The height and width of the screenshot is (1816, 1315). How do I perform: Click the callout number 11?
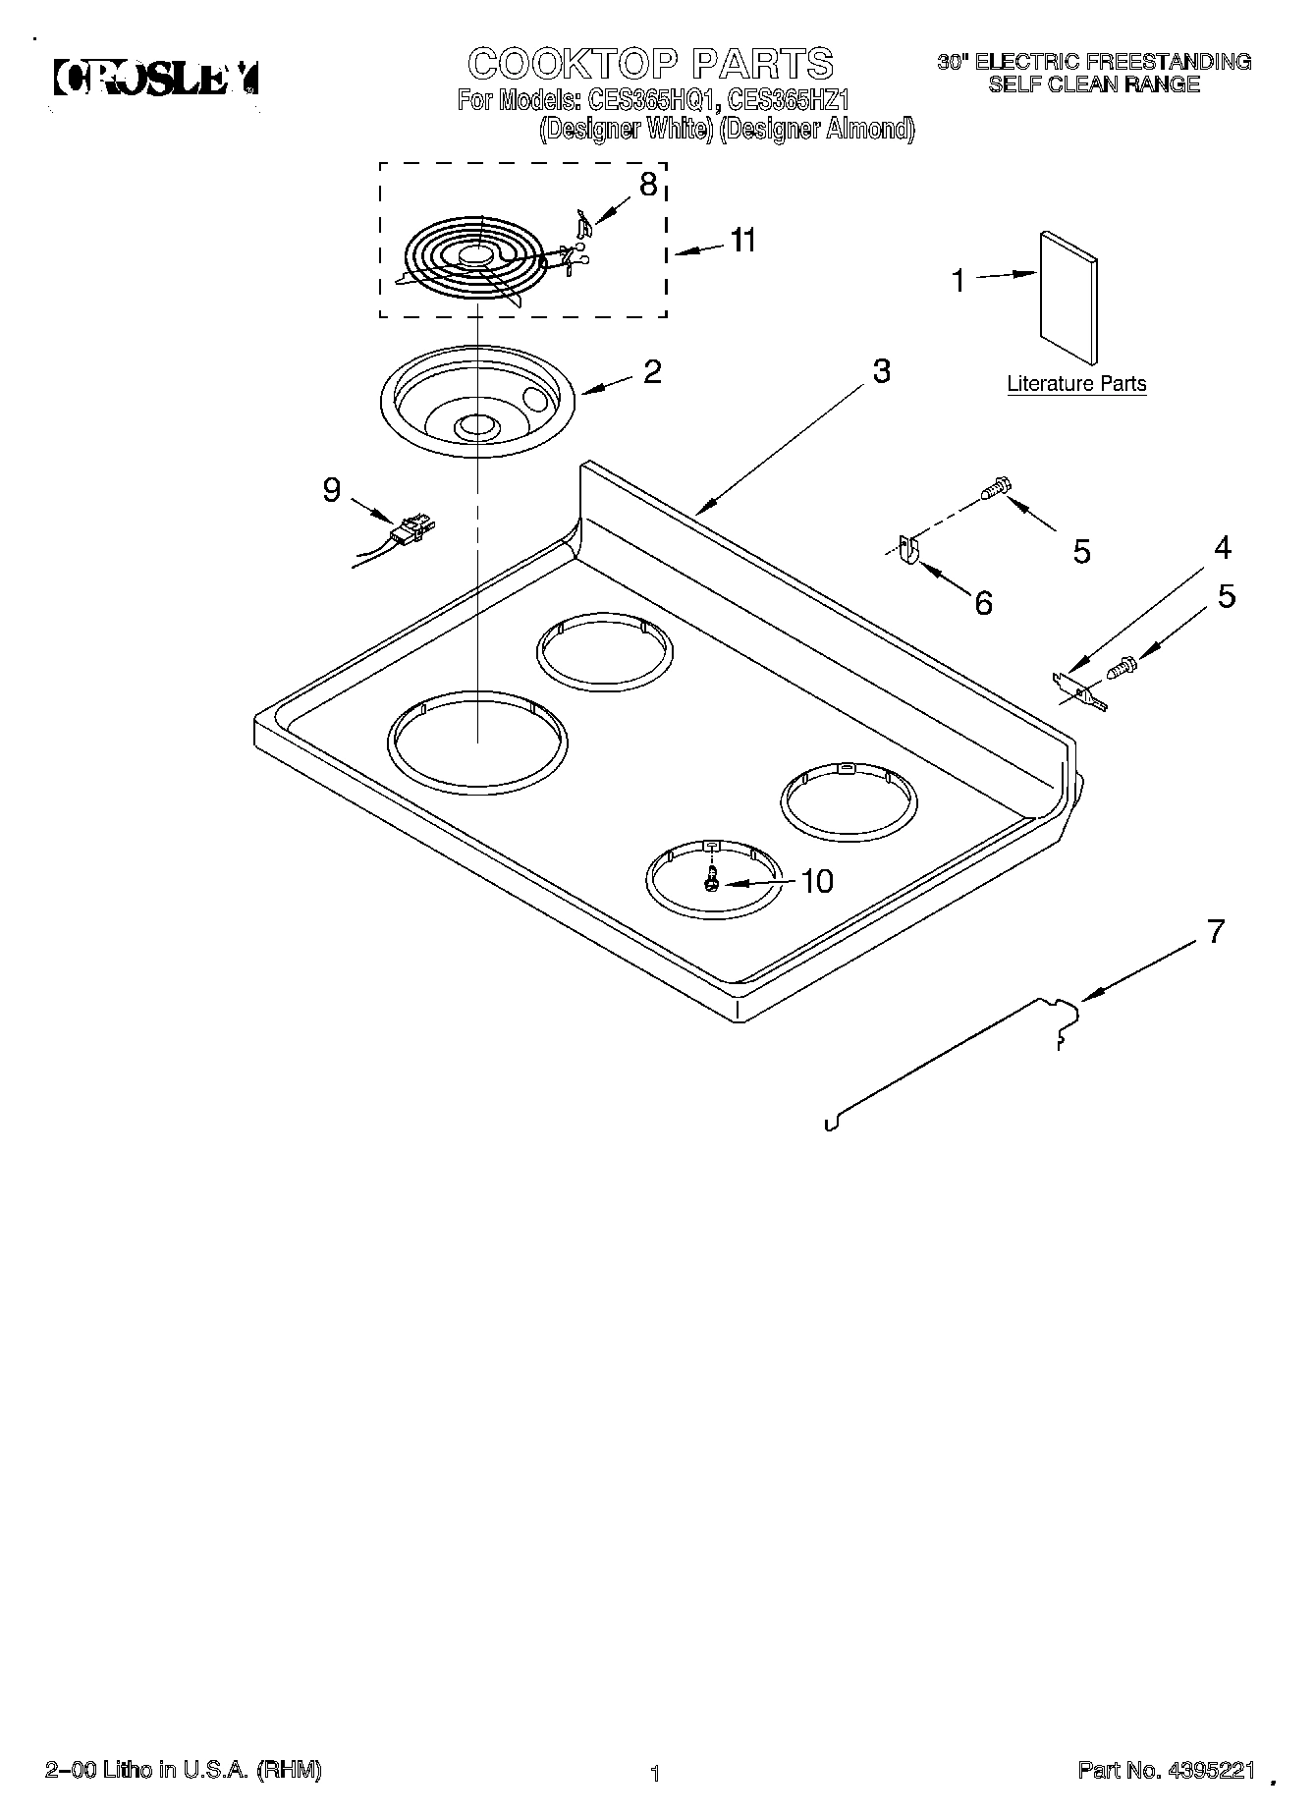click(x=742, y=241)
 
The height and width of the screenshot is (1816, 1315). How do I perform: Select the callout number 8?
click(x=648, y=185)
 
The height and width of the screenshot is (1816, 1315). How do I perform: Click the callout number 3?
click(x=881, y=371)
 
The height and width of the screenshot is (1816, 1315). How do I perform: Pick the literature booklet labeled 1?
click(x=1068, y=298)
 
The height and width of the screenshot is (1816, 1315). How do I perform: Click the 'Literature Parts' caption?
click(x=1076, y=384)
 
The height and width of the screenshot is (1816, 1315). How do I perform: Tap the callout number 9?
click(x=332, y=489)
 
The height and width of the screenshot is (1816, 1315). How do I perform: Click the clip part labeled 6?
click(x=908, y=551)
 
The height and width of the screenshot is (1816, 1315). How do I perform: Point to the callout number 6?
click(x=983, y=602)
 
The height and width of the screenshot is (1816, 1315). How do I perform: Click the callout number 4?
click(x=1222, y=547)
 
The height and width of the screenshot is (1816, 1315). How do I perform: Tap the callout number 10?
click(x=817, y=881)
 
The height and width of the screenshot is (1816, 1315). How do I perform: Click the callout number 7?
click(x=1216, y=931)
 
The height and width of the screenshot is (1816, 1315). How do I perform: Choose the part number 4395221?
click(x=1210, y=1771)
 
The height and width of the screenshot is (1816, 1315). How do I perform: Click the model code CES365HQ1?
click(x=650, y=99)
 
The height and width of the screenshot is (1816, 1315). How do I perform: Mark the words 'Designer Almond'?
click(x=817, y=129)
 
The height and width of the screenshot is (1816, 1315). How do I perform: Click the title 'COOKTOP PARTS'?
click(x=651, y=64)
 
